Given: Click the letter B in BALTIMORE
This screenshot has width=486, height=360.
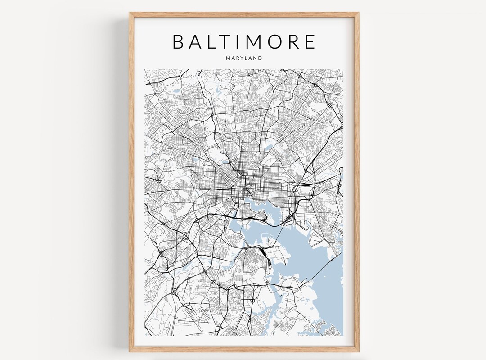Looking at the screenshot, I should point(178,41).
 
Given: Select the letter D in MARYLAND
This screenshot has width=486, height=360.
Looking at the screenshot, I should point(260,58).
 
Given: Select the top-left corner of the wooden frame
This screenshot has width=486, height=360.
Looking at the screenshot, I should point(130,13).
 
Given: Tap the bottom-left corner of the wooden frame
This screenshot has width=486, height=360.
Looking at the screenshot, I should point(130,351).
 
